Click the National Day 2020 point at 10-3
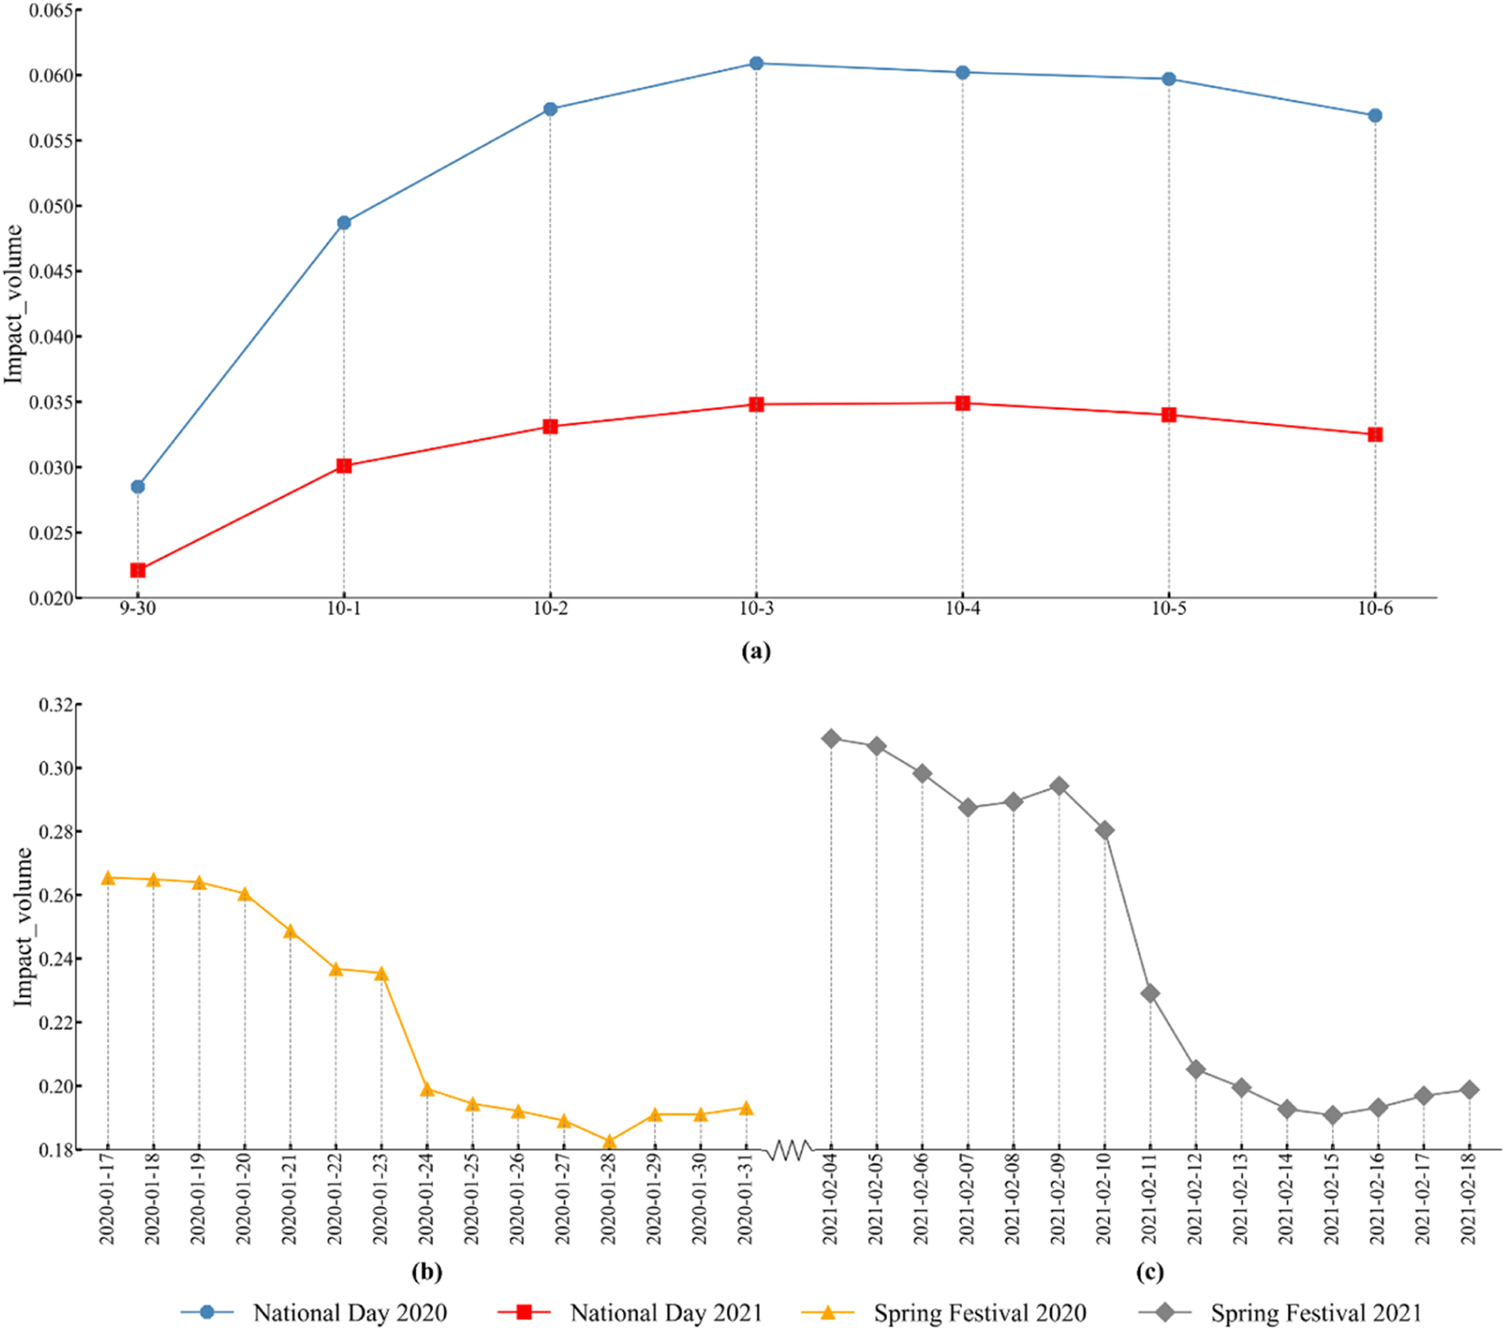pos(756,63)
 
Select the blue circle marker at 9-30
pos(138,487)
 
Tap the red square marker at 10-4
pos(962,403)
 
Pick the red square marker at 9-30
pos(138,570)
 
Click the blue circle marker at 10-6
pos(1375,116)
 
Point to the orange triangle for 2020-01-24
pos(427,1089)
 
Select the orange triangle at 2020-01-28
pos(609,1142)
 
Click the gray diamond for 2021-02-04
pos(831,738)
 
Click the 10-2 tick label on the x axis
pos(550,609)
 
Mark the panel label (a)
pos(756,651)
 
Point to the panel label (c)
pos(1149,1272)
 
